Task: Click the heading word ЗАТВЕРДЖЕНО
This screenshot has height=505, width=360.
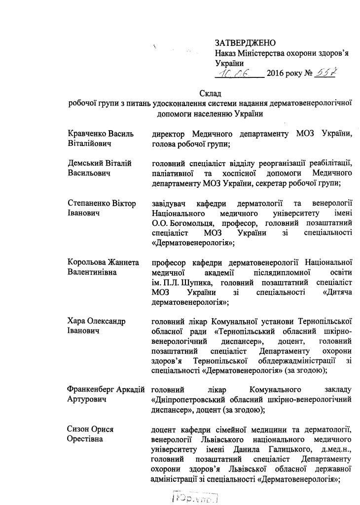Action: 245,44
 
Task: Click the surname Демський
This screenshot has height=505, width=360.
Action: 84,163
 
